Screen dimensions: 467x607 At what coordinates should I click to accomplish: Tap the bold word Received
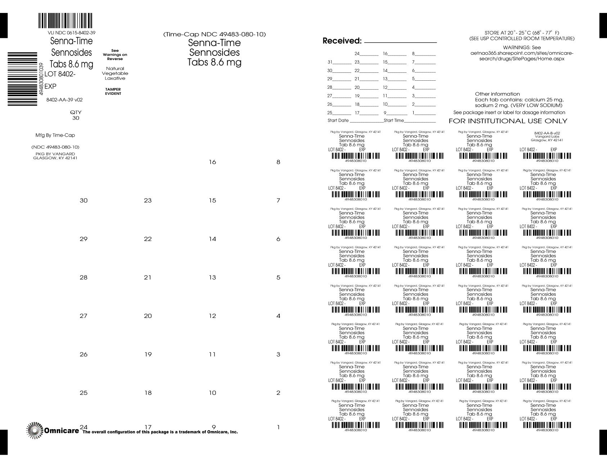click(342, 41)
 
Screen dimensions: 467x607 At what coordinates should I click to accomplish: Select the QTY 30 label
click(76, 115)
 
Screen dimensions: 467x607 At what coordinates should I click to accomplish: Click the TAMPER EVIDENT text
click(113, 92)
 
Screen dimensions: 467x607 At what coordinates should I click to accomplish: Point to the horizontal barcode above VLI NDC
click(65, 21)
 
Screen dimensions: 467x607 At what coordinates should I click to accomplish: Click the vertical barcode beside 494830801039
click(22, 79)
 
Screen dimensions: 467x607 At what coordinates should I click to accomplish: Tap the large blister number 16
click(212, 162)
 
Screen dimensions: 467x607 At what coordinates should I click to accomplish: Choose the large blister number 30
click(84, 201)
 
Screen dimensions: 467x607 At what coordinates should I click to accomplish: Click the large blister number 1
click(278, 427)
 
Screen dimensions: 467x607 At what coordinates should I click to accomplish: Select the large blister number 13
click(212, 277)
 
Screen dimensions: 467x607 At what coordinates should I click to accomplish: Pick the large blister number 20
click(148, 316)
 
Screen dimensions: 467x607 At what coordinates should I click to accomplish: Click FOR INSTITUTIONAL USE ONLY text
click(508, 121)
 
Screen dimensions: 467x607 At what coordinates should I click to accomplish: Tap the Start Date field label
click(338, 120)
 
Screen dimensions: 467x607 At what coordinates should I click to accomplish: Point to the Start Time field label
click(394, 120)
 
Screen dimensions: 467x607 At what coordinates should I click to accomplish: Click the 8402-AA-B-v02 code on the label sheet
click(547, 133)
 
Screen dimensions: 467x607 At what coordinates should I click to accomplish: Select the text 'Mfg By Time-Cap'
click(55, 135)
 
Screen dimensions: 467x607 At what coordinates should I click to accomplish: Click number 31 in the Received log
click(330, 62)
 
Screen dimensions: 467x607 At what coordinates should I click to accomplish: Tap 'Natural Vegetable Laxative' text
click(115, 73)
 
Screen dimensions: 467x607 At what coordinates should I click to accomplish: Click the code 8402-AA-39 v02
click(64, 100)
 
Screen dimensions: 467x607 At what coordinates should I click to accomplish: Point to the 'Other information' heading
click(497, 94)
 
